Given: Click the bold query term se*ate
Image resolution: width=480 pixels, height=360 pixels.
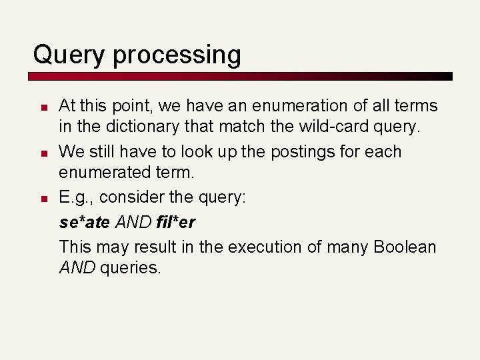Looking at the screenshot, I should pyautogui.click(x=84, y=222).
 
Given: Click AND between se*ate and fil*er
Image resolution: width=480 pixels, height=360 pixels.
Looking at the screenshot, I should pyautogui.click(x=133, y=222).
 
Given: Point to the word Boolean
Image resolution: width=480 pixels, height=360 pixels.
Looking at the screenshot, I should pyautogui.click(x=405, y=247).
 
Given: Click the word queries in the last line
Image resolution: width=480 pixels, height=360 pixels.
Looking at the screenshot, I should pyautogui.click(x=131, y=269).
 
